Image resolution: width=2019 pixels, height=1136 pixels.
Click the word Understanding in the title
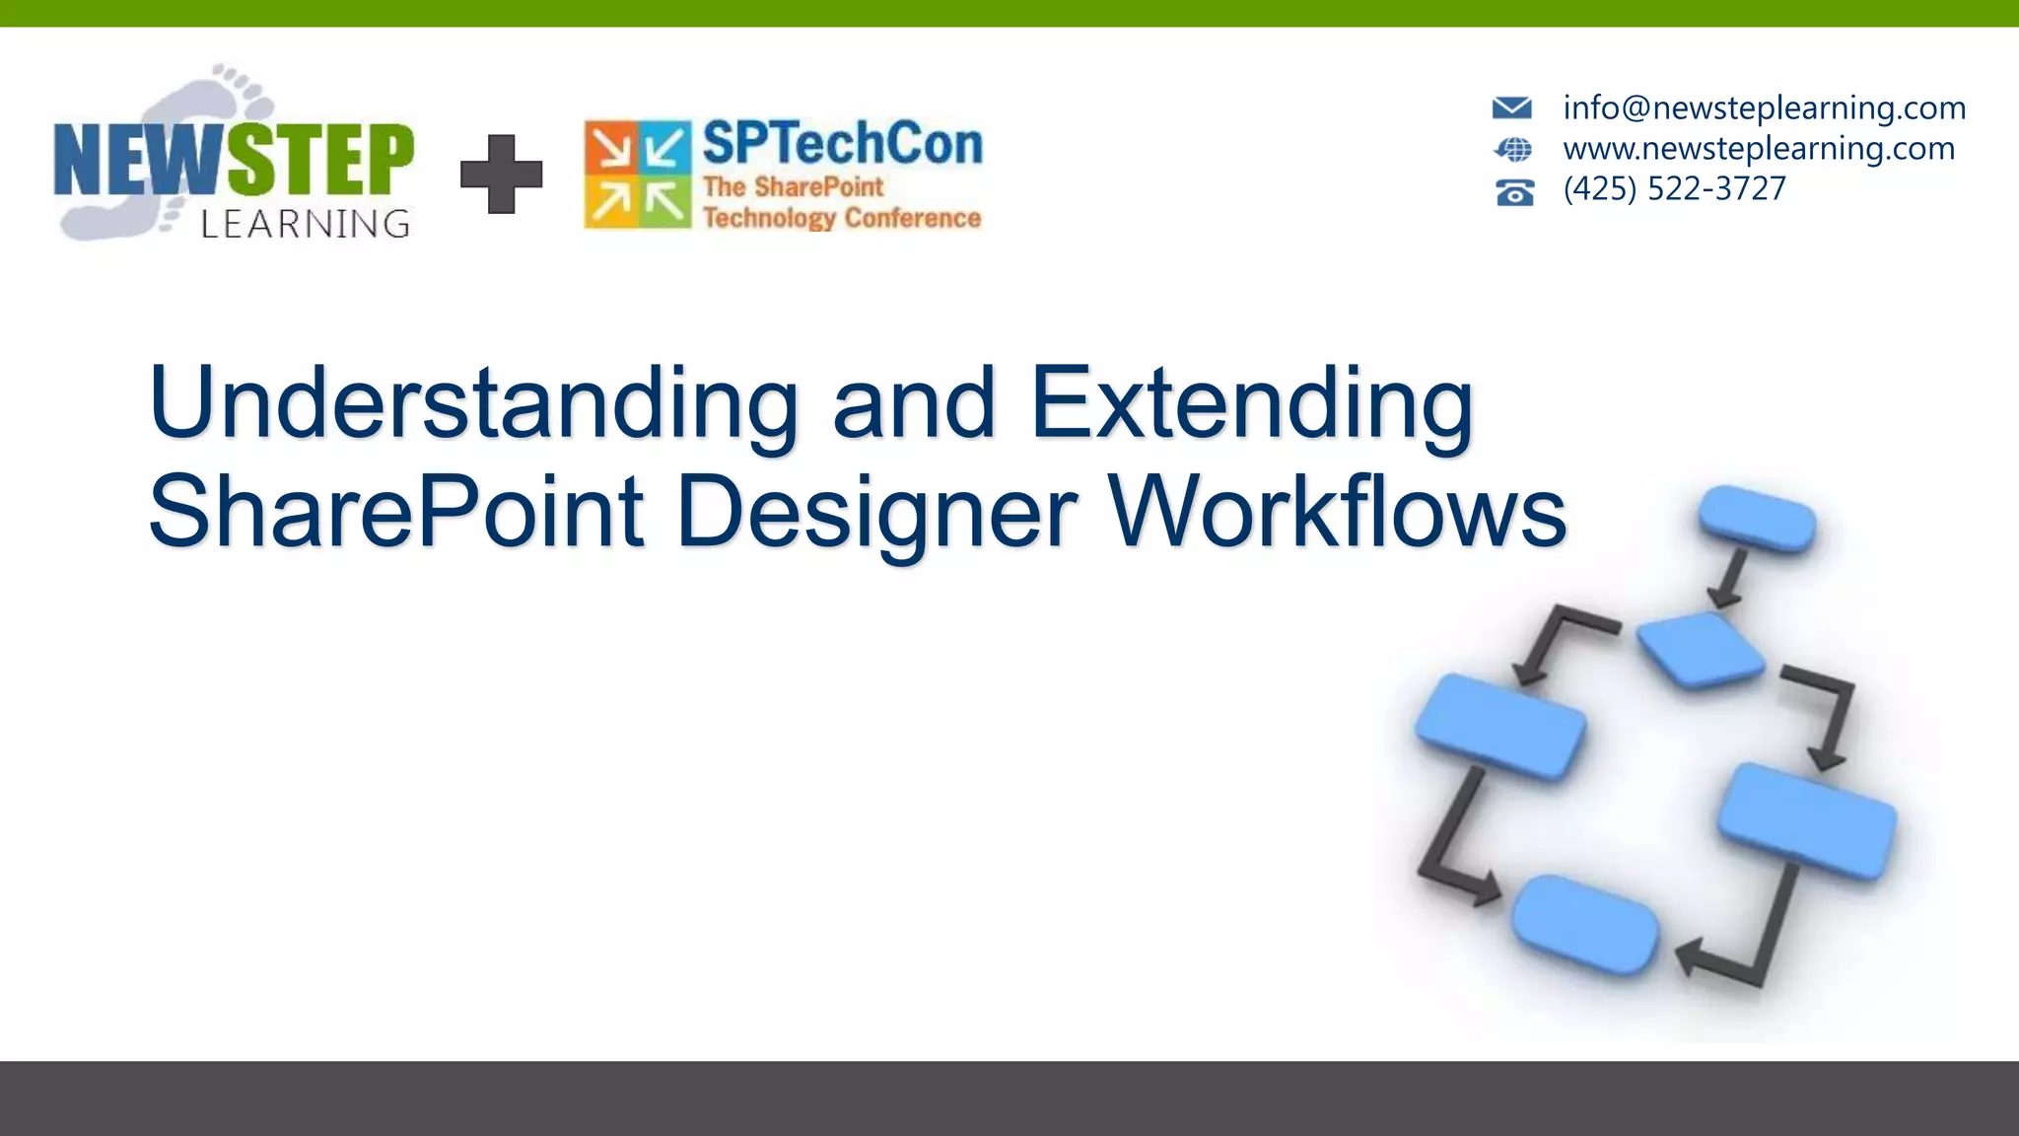pyautogui.click(x=473, y=404)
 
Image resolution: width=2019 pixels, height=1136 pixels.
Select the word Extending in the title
pyautogui.click(x=1252, y=404)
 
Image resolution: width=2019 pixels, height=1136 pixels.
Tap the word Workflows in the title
pyautogui.click(x=1338, y=513)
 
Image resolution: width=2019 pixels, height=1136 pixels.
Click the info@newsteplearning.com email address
pyautogui.click(x=1764, y=107)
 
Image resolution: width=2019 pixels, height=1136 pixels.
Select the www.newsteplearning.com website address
pyautogui.click(x=1759, y=148)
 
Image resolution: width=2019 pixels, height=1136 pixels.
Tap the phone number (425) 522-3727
pyautogui.click(x=1674, y=188)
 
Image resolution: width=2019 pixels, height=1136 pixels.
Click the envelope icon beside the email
pyautogui.click(x=1511, y=107)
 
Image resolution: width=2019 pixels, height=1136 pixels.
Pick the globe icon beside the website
pyautogui.click(x=1513, y=150)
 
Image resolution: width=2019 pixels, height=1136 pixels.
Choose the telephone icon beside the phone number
pyautogui.click(x=1514, y=191)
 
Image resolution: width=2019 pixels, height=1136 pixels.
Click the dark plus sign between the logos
pyautogui.click(x=502, y=175)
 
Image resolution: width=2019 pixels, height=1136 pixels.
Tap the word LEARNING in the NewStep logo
pyautogui.click(x=305, y=224)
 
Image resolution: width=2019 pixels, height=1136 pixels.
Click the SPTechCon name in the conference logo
pyautogui.click(x=842, y=144)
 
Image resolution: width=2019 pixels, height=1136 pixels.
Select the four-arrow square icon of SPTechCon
pyautogui.click(x=638, y=175)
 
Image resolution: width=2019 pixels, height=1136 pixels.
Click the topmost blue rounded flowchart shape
pyautogui.click(x=1757, y=519)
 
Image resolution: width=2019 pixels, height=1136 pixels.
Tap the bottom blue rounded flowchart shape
pyautogui.click(x=1585, y=925)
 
